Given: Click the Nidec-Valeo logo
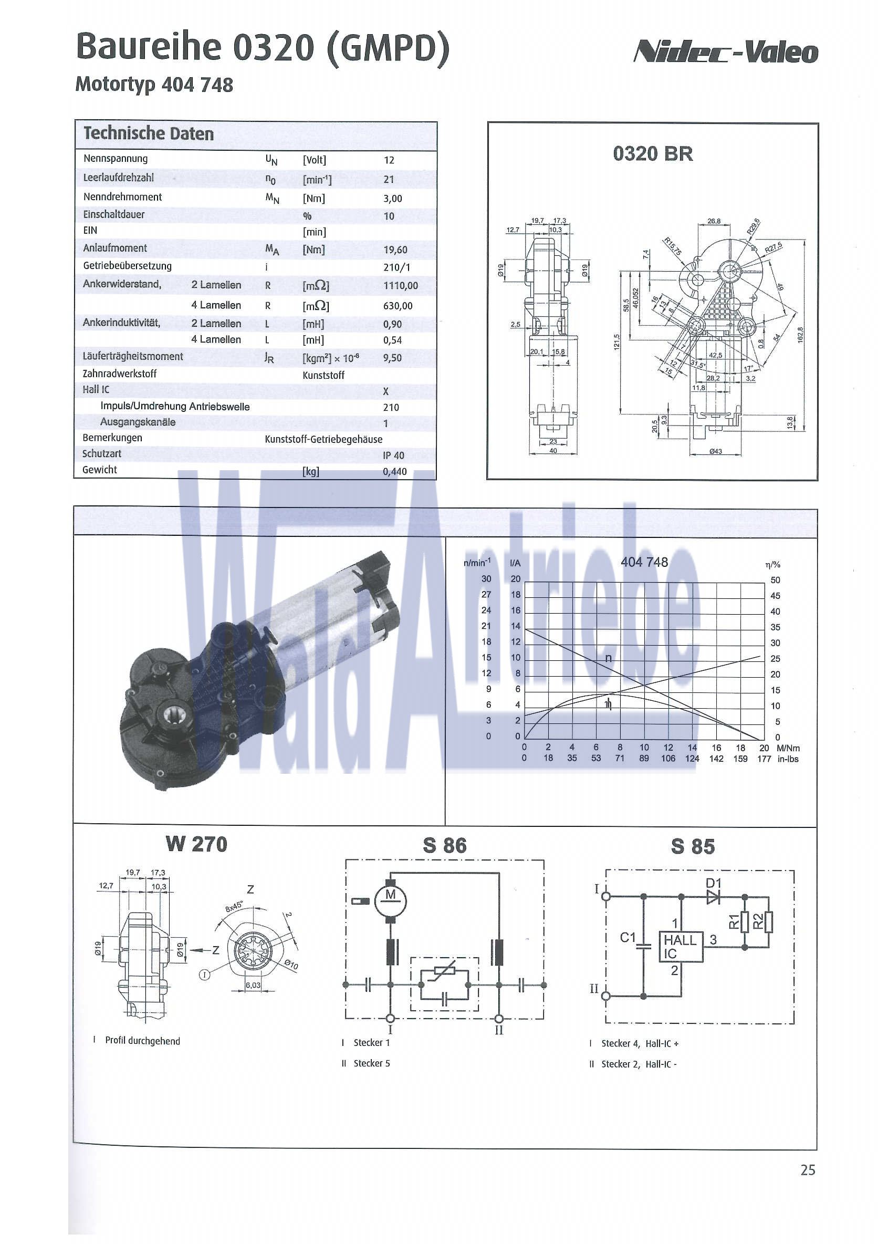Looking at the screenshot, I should pos(725,53).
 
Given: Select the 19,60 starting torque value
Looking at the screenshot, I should pos(395,250).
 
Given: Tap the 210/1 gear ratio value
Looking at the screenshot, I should pos(396,267).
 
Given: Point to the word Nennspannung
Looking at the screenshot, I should pos(116,159).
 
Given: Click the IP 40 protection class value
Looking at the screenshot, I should pos(393,455).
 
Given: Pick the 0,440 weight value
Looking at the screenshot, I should pos(394,471).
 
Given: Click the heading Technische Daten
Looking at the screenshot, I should pos(149,134).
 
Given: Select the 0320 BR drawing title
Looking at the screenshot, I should pos(653,154).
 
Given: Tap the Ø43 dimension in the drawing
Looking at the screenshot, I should pos(716,451).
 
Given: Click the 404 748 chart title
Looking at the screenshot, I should pos(644,563).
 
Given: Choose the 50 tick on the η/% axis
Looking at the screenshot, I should pos(775,580).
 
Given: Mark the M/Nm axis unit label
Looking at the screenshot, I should pos(788,748).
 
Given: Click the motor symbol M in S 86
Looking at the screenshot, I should pos(391,895).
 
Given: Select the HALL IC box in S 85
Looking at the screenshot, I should pos(681,947).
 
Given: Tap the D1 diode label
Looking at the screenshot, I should pos(713,883).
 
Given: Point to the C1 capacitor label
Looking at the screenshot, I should pos(628,937).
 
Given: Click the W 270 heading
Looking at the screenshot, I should pos(196,844).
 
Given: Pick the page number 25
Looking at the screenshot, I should pos(808,1170).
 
